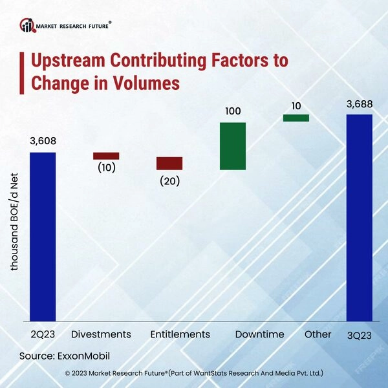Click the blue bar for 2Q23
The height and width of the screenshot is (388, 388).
coord(43,237)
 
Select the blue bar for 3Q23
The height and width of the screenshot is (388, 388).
coord(360,218)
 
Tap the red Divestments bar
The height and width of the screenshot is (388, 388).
coord(106,156)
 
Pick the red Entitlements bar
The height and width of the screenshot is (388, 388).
coord(169,163)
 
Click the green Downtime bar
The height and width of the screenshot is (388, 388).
coord(233,146)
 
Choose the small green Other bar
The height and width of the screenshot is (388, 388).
coord(296,118)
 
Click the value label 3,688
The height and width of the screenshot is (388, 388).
coord(360,103)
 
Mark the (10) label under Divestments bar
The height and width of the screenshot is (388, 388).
coord(106,167)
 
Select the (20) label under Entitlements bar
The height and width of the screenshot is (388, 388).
coord(169,180)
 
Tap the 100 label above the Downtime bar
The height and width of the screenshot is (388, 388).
coord(233,111)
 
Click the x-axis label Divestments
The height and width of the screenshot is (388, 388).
coord(101,334)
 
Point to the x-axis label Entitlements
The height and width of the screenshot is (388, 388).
coord(180,334)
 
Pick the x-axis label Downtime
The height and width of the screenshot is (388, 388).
coord(259,334)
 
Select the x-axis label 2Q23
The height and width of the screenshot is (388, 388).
coord(43,334)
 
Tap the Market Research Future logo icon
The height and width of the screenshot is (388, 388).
coord(27,26)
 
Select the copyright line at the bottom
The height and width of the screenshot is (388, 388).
coord(194,373)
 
